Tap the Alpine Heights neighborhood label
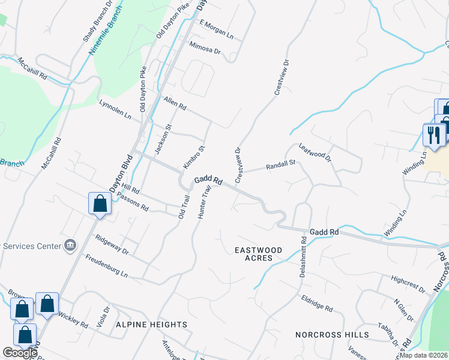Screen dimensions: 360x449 pos(152,325)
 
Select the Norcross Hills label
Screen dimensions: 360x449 pos(331,334)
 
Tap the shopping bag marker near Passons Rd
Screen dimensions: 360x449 pos(100,203)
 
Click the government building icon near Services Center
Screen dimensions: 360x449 pos(71,245)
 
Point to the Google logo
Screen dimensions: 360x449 pos(20,353)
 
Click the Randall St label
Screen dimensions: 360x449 pos(281,165)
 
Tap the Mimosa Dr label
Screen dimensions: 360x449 pos(205,47)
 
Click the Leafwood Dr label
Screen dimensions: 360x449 pos(315,152)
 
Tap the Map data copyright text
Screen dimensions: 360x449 pos(424,355)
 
